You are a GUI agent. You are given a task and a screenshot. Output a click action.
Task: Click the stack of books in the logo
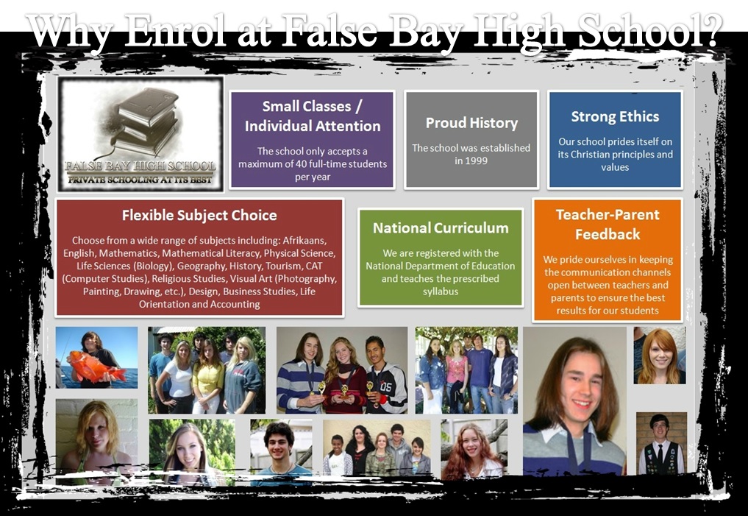143,121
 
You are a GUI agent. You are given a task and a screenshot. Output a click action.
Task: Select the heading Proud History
471,123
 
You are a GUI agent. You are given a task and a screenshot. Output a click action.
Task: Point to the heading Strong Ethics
615,116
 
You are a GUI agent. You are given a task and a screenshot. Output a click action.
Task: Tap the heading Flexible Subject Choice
199,215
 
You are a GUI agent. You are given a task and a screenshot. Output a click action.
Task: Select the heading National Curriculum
441,228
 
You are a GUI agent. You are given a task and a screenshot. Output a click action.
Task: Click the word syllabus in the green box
441,291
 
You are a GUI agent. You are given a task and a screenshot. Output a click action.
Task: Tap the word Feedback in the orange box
608,234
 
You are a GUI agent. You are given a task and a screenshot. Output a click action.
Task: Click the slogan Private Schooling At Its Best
140,180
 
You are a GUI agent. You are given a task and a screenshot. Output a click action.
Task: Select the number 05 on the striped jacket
385,386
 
